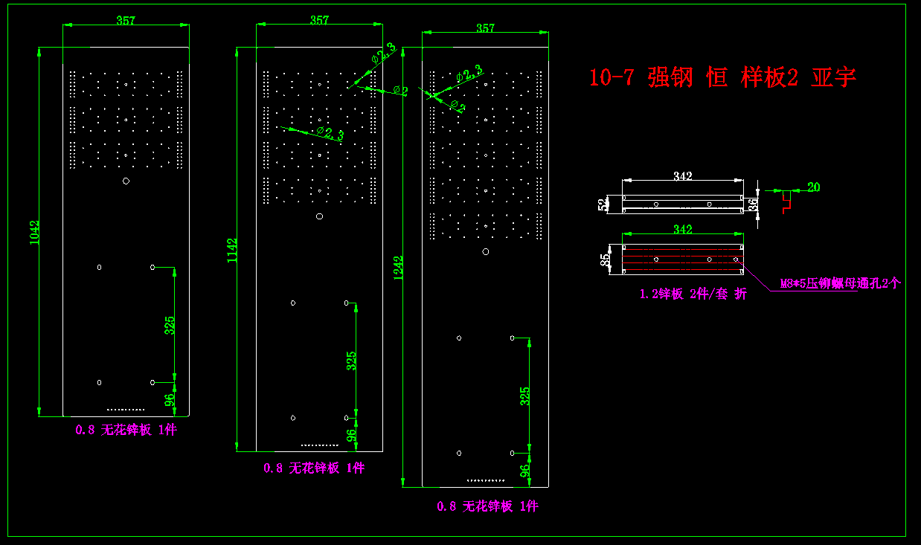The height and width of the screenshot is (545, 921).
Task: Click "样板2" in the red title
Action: [x=769, y=77]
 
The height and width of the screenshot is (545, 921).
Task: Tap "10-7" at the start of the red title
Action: [x=611, y=77]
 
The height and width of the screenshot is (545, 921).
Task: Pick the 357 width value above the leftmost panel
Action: [x=126, y=20]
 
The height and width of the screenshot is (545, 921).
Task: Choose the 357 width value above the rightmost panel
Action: [x=485, y=28]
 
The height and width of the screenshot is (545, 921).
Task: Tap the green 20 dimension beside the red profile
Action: [x=813, y=187]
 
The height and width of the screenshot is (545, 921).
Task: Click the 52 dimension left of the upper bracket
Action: [x=602, y=204]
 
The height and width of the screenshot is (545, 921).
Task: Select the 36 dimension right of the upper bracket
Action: [x=753, y=204]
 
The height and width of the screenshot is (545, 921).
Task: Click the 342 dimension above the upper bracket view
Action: [x=683, y=176]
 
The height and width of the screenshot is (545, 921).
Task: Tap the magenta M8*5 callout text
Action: [x=840, y=283]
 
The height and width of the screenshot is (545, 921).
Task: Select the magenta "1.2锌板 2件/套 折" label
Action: [x=693, y=294]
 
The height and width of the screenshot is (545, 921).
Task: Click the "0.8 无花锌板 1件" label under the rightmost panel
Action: [x=487, y=506]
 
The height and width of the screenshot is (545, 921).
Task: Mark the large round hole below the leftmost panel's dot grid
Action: [x=126, y=181]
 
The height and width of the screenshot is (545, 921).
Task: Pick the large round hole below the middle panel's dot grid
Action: [x=319, y=216]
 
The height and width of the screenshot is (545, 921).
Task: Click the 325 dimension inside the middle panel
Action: [x=351, y=361]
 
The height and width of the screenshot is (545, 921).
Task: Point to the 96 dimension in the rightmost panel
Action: [x=525, y=470]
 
